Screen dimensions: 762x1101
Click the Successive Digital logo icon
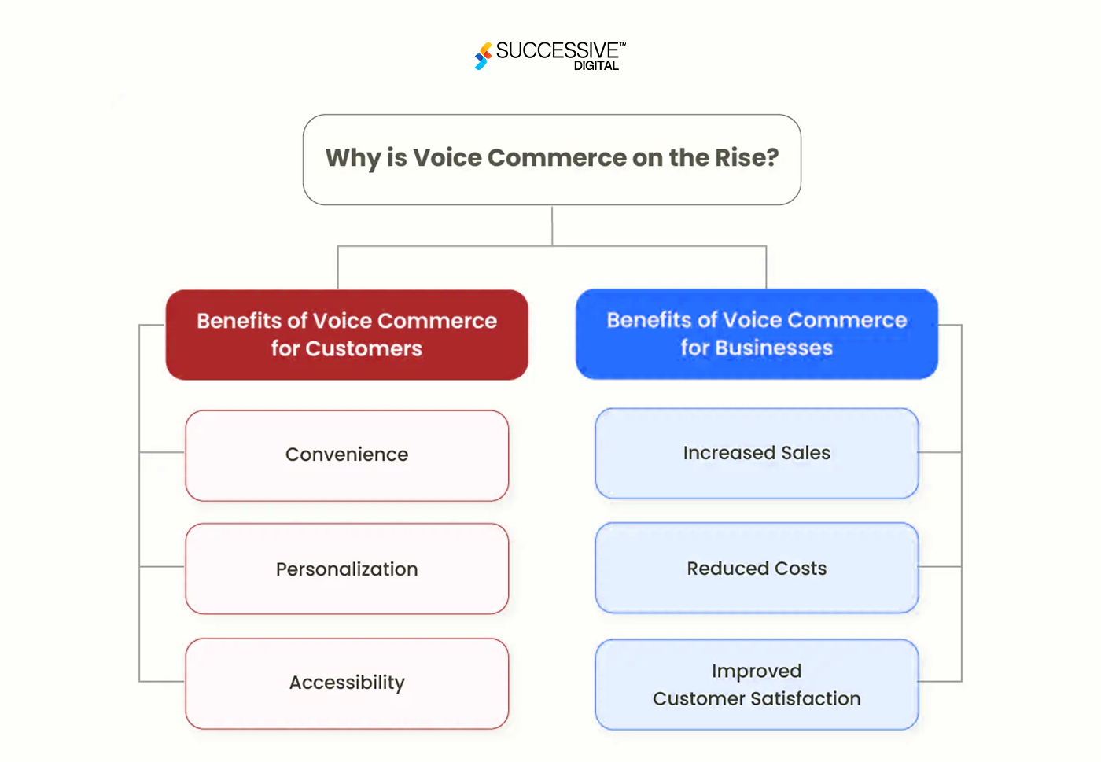[x=483, y=56]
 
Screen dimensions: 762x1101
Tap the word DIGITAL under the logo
[x=596, y=66]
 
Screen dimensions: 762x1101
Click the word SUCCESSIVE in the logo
[x=557, y=51]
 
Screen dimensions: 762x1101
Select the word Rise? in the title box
[x=746, y=158]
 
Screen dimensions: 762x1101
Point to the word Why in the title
[x=353, y=158]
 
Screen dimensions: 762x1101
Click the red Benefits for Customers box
[x=347, y=335]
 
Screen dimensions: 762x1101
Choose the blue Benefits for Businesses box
[x=757, y=334]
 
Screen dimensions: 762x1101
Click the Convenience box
[x=347, y=455]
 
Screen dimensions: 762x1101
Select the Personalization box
[x=347, y=569]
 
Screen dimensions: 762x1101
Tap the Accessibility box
[x=347, y=683]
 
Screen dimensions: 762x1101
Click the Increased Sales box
[x=757, y=453]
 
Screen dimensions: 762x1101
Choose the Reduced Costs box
[x=757, y=568]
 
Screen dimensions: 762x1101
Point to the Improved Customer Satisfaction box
[x=757, y=684]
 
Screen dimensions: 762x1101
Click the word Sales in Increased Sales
[x=805, y=453]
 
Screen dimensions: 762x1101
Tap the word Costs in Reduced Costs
[x=801, y=569]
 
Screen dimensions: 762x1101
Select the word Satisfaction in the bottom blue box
[x=805, y=698]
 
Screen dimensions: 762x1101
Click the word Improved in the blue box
[x=757, y=671]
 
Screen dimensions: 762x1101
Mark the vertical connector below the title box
[x=552, y=226]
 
